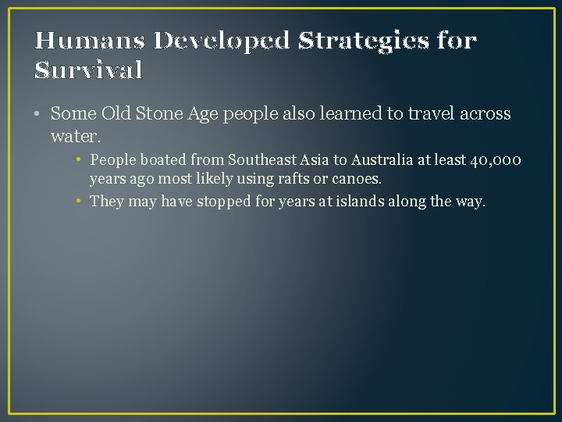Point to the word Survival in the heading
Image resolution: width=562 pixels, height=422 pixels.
(x=89, y=71)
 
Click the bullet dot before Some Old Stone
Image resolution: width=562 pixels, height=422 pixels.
(x=38, y=114)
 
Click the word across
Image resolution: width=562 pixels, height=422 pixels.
(x=484, y=113)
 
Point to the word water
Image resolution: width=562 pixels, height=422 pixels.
(x=76, y=136)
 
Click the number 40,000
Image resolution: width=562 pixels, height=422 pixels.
(x=496, y=161)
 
